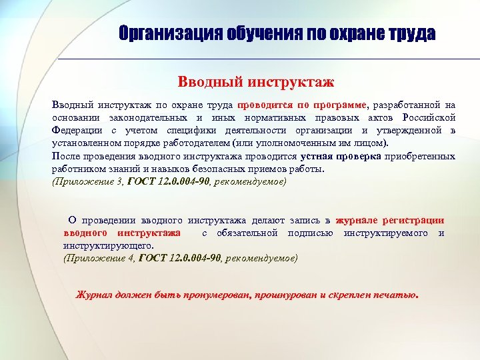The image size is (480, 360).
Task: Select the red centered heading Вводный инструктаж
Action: coord(255,82)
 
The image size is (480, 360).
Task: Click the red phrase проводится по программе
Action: coord(302,105)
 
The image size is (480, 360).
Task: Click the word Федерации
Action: coord(77,130)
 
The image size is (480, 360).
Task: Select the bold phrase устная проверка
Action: coord(341,156)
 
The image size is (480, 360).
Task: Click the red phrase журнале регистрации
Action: coord(389,220)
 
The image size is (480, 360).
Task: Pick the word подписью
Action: coord(310,233)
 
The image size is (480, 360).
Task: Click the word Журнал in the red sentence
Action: coord(95,295)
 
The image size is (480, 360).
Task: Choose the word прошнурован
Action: coord(286,295)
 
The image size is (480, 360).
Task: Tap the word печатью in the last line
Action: coord(397,295)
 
